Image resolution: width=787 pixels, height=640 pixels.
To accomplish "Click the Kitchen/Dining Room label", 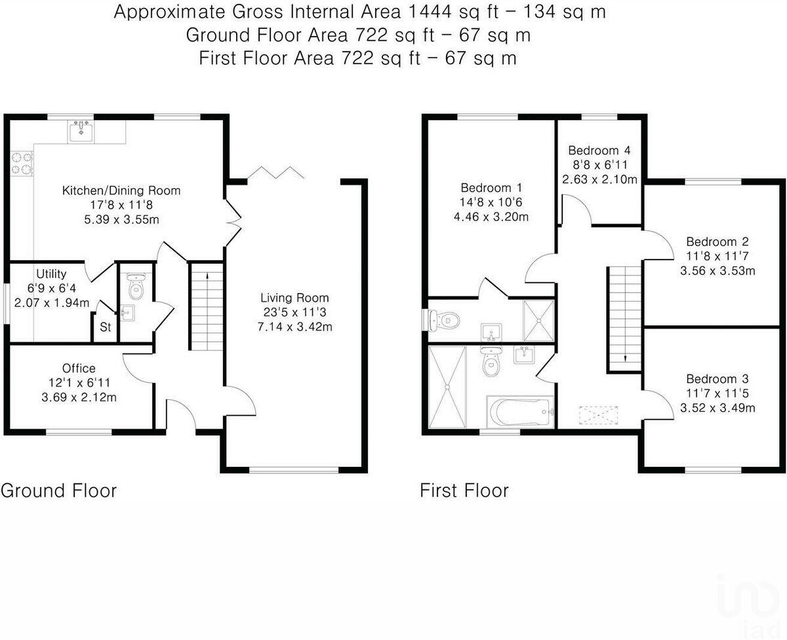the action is coord(121,191).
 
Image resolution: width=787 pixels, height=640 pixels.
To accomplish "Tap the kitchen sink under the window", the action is coord(81,132).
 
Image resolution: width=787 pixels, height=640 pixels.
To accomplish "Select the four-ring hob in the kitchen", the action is coord(22,163).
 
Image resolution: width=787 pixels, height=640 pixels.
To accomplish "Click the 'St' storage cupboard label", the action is coord(106,327).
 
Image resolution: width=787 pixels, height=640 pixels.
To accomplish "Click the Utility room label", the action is coord(51,274).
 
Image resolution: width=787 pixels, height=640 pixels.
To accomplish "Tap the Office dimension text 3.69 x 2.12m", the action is coord(79,397).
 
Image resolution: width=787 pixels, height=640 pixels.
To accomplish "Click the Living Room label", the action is coord(294,298).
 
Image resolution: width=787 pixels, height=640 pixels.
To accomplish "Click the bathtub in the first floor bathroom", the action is coord(520,412).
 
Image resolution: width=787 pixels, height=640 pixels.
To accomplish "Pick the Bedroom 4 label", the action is coord(599,151).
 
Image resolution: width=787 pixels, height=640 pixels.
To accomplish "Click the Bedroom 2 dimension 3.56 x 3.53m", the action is coord(717,271).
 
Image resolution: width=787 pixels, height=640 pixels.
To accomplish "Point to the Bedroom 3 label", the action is coord(717,379).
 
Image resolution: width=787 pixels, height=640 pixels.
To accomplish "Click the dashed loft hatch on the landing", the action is coord(598,415).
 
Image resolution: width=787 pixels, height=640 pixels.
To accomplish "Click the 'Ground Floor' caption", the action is coord(58,491).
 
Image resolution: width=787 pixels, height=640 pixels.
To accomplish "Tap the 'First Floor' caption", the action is coord(464,490).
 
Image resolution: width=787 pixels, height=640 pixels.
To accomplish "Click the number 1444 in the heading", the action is coord(430,12).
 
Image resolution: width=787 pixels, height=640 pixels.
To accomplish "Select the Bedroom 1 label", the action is coord(491,188).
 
